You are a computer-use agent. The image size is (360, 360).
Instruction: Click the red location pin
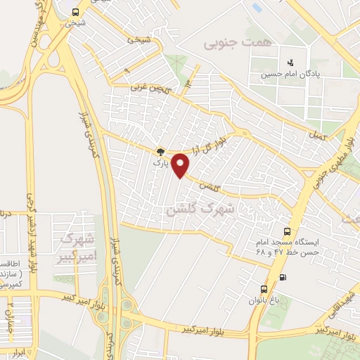[x=181, y=165]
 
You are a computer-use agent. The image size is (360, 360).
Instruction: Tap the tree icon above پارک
[x=161, y=151]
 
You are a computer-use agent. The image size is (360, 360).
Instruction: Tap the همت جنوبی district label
[x=227, y=44]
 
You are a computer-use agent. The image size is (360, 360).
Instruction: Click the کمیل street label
[x=317, y=136]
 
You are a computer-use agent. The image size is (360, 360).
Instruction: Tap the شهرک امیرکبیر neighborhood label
[x=77, y=245]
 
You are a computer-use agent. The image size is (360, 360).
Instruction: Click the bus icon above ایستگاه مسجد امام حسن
[x=286, y=231]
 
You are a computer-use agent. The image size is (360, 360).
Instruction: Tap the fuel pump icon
[x=283, y=277]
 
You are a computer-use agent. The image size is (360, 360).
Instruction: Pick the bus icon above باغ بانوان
[x=264, y=289]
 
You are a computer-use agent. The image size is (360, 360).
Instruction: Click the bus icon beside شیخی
[x=76, y=11]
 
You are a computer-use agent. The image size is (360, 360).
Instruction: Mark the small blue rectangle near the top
[x=257, y=8]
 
